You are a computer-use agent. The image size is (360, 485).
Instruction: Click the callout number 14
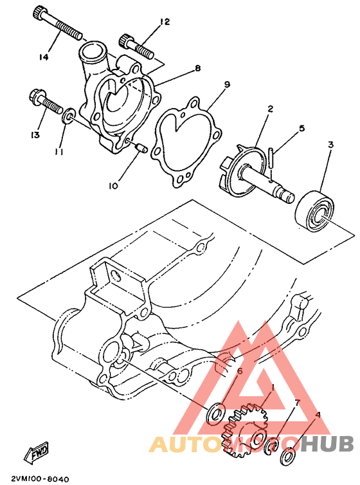[44, 57]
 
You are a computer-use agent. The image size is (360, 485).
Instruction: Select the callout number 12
[165, 22]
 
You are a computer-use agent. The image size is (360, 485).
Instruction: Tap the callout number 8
[197, 68]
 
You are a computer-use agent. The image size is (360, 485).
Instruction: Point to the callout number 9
[227, 84]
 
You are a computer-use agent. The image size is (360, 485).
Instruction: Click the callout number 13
[34, 134]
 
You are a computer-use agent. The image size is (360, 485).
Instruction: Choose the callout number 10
[113, 187]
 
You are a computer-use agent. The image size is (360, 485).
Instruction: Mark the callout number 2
[271, 109]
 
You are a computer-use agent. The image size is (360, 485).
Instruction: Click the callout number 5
[301, 129]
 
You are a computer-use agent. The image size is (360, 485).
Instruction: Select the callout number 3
[330, 145]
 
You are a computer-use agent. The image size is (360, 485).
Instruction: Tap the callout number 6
[239, 371]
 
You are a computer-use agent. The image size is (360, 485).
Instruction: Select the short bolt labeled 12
[136, 46]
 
